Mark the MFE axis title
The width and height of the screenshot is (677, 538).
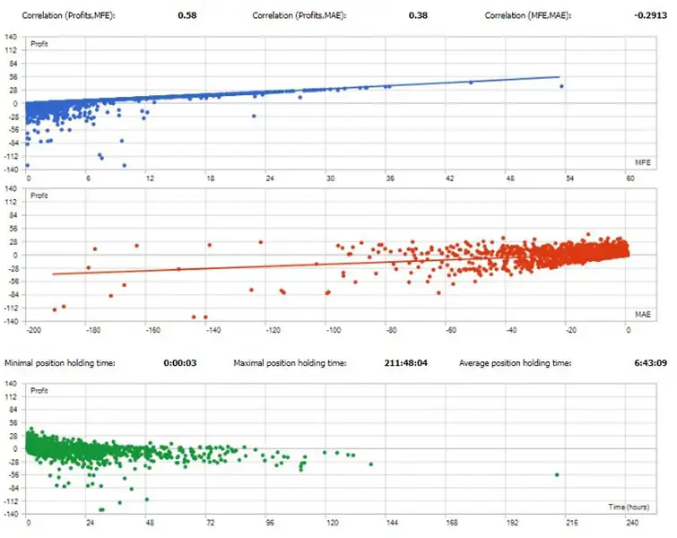[x=644, y=162]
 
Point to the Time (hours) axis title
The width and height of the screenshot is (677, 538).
[x=629, y=508]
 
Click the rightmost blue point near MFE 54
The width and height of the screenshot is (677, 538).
[x=561, y=86]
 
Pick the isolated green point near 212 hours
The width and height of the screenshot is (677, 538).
[x=557, y=474]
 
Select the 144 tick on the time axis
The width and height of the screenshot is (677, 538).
[x=391, y=524]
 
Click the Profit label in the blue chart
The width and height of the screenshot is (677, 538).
[x=41, y=43]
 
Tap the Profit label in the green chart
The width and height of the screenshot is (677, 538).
[x=41, y=391]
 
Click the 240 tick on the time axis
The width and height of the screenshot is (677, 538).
[x=632, y=524]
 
